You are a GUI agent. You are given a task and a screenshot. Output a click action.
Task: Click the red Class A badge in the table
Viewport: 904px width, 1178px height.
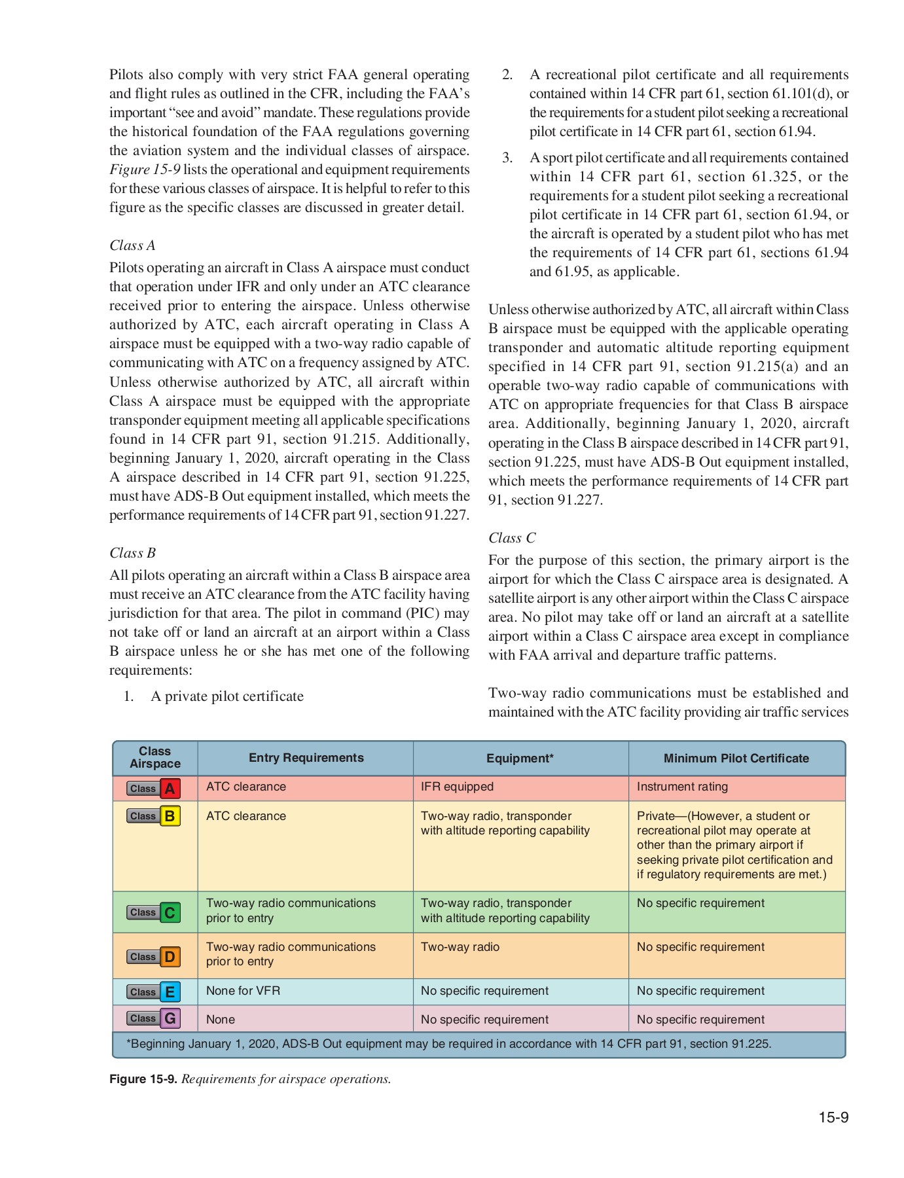coord(154,788)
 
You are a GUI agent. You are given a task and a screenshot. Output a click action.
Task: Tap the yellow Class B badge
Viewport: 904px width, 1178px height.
coord(154,816)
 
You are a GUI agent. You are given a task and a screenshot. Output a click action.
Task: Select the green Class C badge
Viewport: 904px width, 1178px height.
coord(154,912)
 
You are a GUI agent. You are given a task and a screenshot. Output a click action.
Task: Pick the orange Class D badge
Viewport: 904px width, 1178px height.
coord(154,957)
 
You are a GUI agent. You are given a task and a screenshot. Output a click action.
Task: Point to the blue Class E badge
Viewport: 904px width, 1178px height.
coord(154,992)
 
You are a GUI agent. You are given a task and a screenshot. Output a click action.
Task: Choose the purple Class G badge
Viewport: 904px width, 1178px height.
coord(154,1018)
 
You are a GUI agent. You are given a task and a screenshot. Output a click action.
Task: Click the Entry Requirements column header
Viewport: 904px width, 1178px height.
coord(306,758)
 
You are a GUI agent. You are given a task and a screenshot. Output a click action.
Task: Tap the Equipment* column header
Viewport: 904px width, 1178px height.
coord(520,759)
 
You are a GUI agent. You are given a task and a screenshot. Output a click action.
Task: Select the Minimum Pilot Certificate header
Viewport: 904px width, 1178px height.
coord(736,759)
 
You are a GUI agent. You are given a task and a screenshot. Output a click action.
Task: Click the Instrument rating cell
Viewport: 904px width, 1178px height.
coord(681,787)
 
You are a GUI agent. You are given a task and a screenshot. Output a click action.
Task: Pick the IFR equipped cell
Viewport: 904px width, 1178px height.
coord(457,787)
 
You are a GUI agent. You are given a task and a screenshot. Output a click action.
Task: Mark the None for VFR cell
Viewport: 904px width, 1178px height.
coord(243,991)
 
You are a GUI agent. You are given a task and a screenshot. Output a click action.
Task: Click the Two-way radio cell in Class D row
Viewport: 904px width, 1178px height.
coord(460,947)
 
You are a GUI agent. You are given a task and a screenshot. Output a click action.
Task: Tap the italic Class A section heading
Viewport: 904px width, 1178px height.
coord(132,245)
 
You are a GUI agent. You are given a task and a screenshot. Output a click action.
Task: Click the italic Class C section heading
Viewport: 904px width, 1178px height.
coord(512,538)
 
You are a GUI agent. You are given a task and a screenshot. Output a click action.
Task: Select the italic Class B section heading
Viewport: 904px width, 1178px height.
coord(132,553)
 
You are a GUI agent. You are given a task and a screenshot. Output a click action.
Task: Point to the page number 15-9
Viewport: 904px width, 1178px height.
coord(833,1117)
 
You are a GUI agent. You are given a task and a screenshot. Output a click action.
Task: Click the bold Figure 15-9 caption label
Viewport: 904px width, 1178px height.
coord(143,1079)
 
